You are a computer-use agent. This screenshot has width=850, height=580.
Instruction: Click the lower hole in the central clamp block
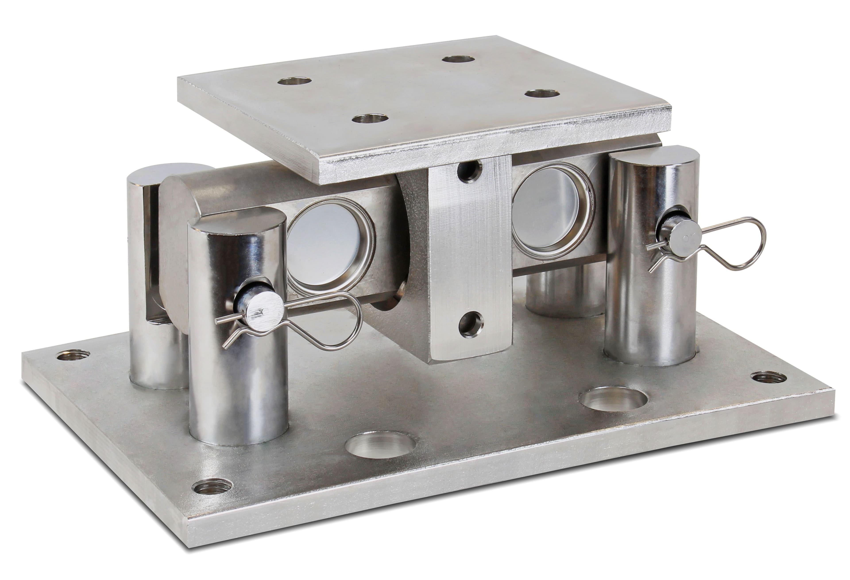coord(471,324)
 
